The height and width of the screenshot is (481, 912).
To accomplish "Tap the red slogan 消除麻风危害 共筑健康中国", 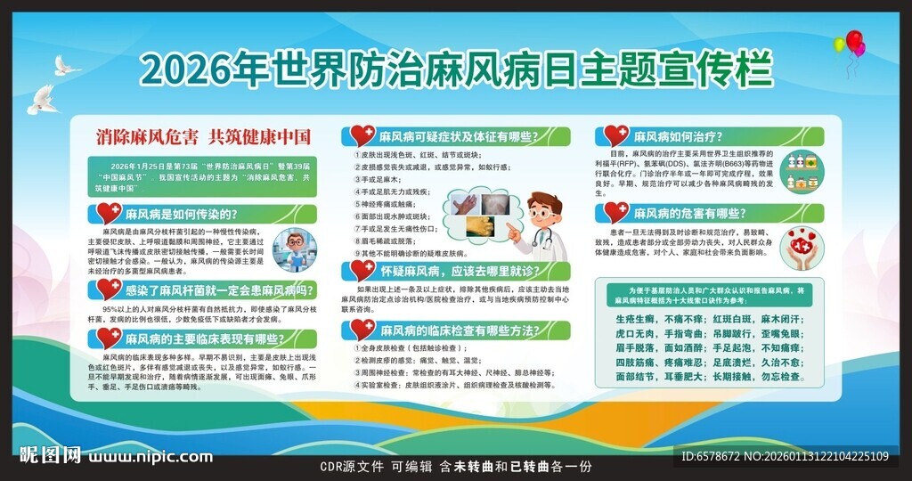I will click(x=204, y=137).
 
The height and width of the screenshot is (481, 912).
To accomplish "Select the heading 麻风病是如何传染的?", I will click(x=180, y=214).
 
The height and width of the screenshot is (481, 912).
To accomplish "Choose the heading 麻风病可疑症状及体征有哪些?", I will click(x=456, y=137).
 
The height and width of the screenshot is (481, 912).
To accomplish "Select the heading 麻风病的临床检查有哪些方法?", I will click(x=460, y=330).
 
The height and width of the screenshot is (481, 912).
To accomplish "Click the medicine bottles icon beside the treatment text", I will click(x=803, y=171).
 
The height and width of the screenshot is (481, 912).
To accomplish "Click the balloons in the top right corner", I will click(x=851, y=44).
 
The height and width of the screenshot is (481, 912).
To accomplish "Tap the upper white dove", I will click(x=66, y=65).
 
